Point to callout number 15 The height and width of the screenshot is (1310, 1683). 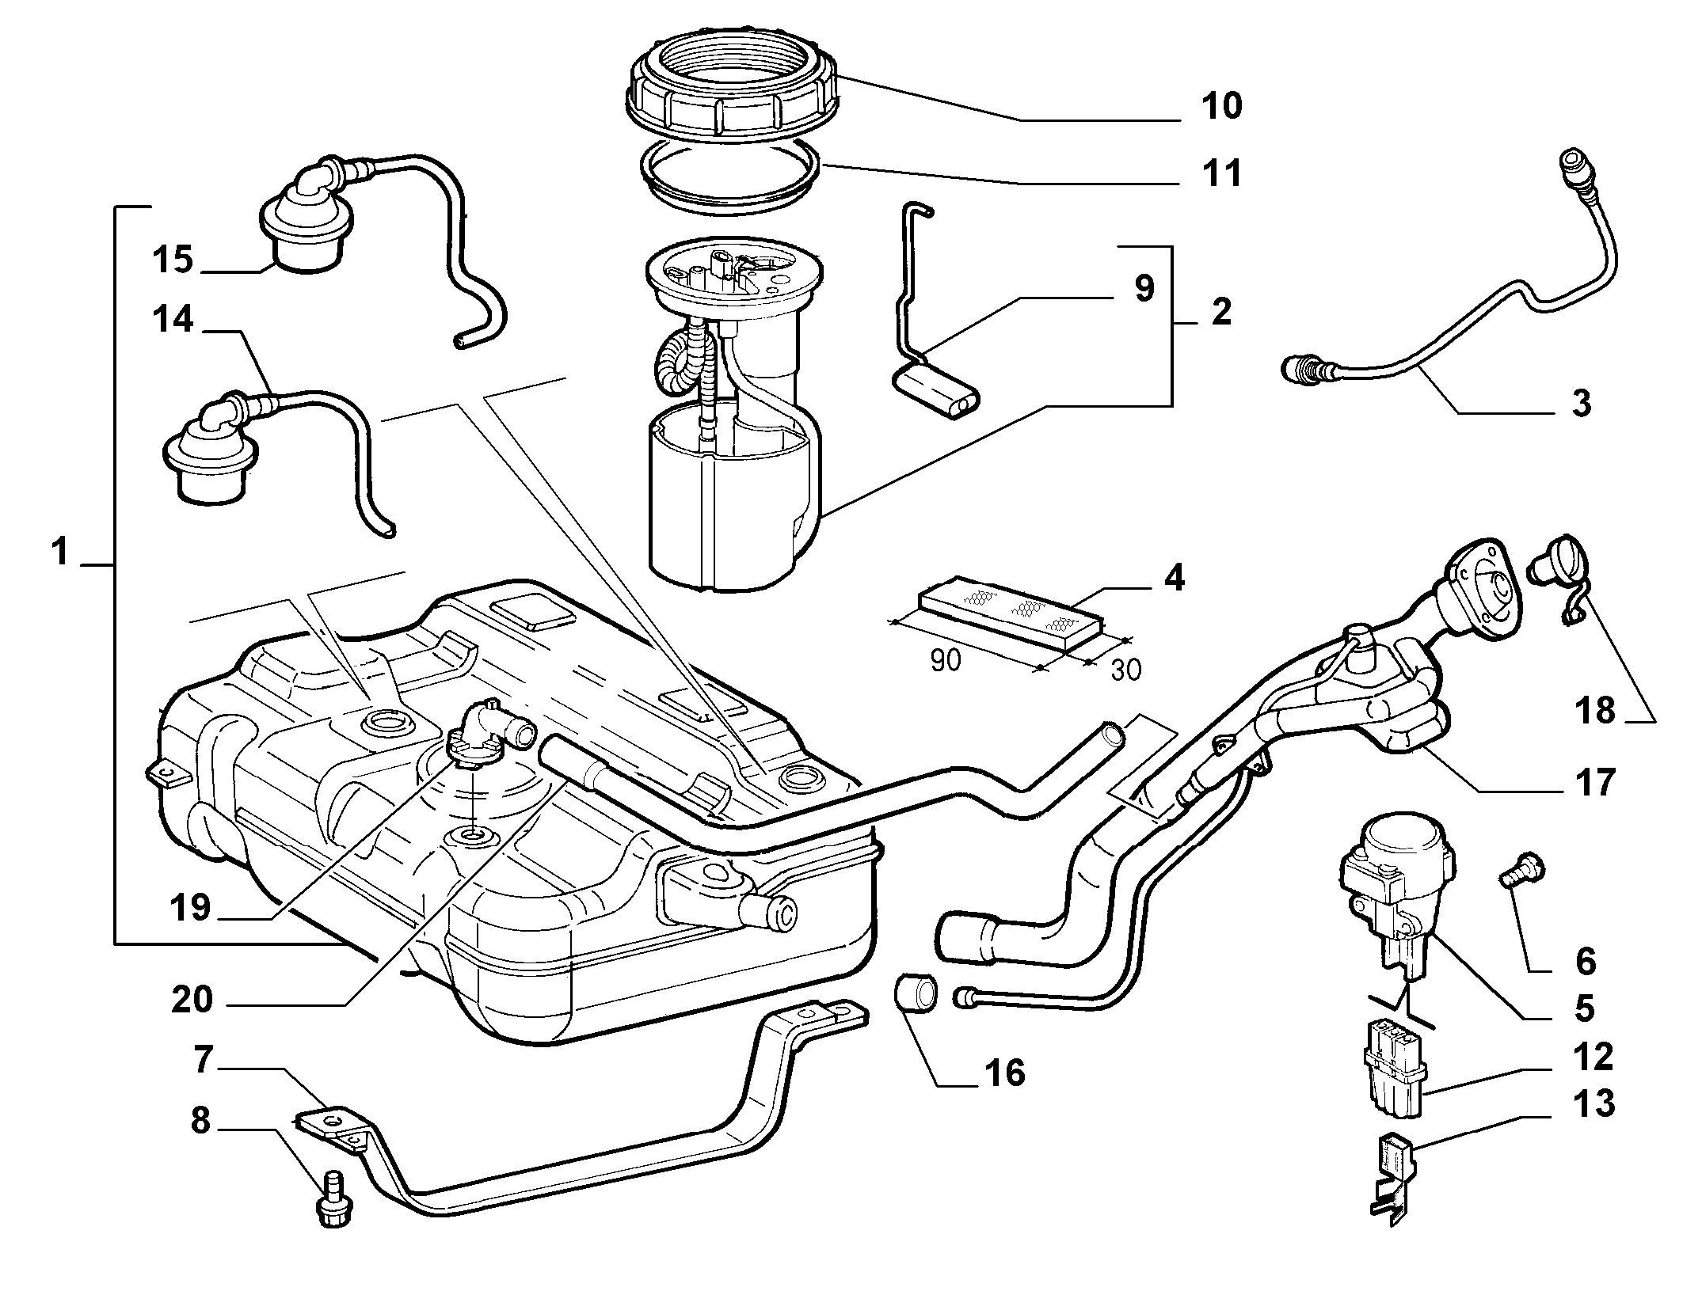(173, 259)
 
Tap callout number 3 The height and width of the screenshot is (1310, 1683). (1580, 404)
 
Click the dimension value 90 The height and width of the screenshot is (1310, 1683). (945, 659)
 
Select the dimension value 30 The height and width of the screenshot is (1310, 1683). (1125, 669)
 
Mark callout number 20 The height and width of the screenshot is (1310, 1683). (192, 1000)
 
